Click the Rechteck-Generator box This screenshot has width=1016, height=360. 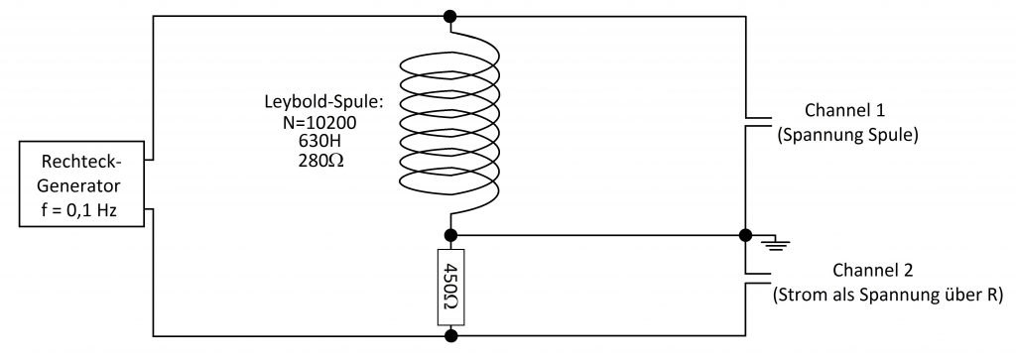[x=81, y=183]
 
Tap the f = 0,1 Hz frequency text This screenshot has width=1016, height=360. [x=81, y=210]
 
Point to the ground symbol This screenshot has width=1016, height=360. [x=775, y=243]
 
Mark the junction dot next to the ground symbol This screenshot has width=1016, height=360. [x=745, y=235]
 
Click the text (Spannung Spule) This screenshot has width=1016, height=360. [x=846, y=135]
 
